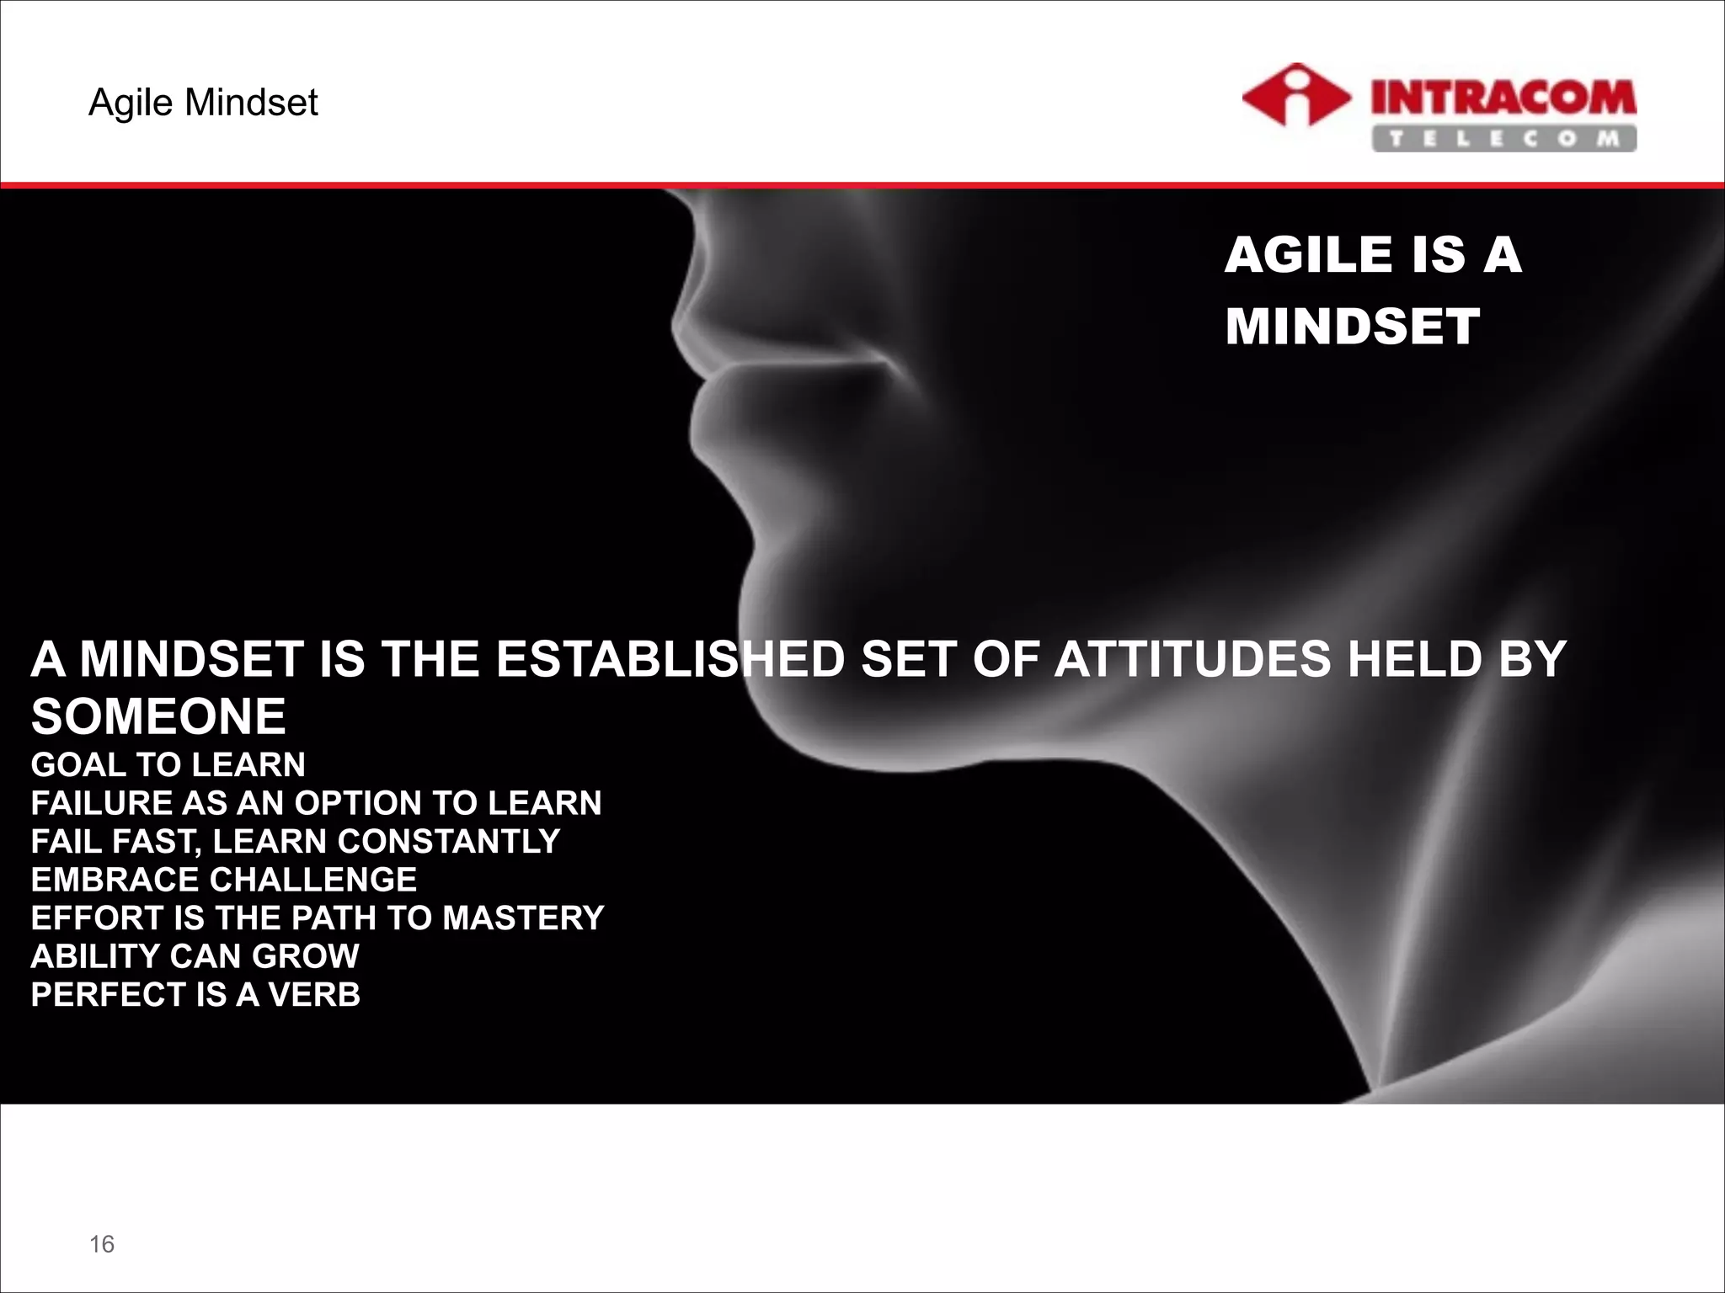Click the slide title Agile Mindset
coord(203,103)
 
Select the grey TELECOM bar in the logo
coord(1503,139)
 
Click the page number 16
coord(102,1244)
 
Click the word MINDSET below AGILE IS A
coord(1352,327)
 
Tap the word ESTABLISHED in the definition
coord(670,659)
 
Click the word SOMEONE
coord(158,716)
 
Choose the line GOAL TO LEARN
coord(168,764)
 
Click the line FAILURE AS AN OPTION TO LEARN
coord(316,802)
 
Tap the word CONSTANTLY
coord(449,841)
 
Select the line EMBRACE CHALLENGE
coord(223,880)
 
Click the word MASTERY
coord(523,918)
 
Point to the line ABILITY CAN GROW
coord(195,956)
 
